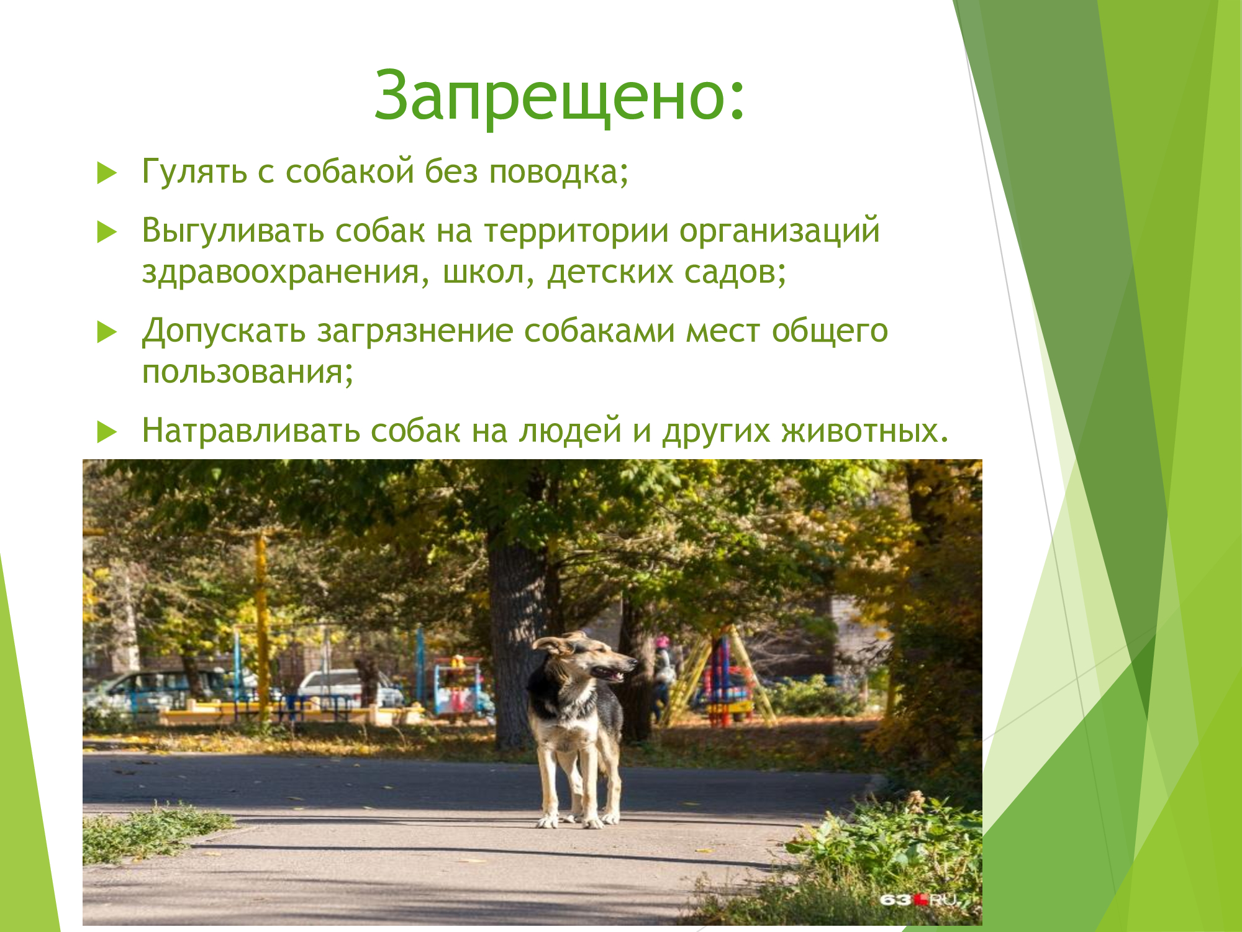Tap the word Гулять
pos(194,171)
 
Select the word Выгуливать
pos(233,231)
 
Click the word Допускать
pos(224,331)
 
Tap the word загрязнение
pos(415,331)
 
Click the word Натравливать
pos(251,430)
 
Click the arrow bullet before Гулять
pos(107,173)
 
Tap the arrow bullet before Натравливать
pos(107,431)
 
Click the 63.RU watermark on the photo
pos(919,900)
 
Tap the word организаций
pos(779,231)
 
